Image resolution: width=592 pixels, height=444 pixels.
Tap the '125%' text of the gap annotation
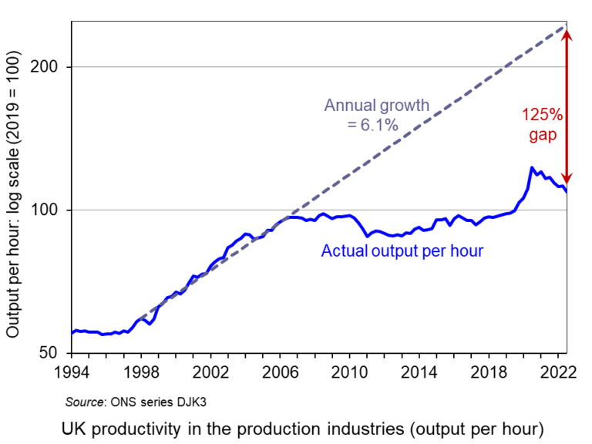click(x=542, y=115)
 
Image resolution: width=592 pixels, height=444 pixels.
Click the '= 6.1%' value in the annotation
click(x=373, y=124)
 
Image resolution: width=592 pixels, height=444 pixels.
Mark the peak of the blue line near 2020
click(x=532, y=167)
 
